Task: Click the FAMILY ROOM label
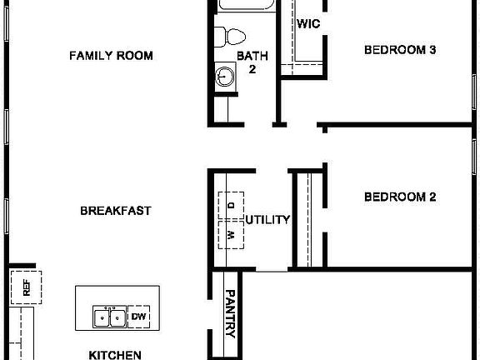tap(111, 56)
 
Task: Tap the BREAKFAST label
tap(115, 211)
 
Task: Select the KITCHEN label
tap(114, 354)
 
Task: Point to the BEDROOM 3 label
tap(400, 50)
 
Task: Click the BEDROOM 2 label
tap(400, 197)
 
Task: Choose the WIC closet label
tap(308, 24)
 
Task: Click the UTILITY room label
tap(267, 220)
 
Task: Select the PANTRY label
tap(231, 315)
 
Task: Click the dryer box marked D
tap(232, 203)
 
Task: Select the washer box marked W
tap(232, 235)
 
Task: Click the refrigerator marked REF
tap(26, 289)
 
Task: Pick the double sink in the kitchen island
tap(109, 317)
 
